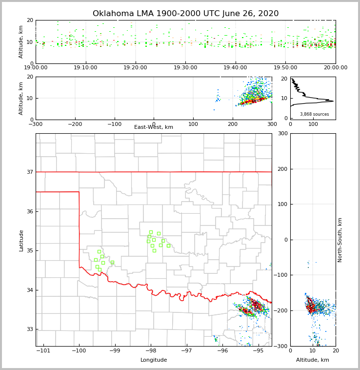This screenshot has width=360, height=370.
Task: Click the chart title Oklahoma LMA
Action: coord(185,14)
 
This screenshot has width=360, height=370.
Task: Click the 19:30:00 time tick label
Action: coord(185,68)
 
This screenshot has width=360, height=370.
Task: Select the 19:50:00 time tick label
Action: coord(285,68)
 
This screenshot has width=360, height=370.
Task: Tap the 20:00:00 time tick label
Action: coord(335,68)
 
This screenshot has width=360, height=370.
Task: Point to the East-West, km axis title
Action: coord(154,127)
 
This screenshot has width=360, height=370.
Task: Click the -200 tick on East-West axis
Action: coord(75,124)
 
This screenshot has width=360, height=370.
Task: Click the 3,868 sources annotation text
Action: coord(314,114)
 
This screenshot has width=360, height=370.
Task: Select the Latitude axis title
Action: coord(21,240)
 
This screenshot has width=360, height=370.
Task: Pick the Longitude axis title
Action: coord(154,360)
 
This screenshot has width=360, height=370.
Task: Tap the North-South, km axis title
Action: coord(340,240)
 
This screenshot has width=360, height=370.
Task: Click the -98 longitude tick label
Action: coord(151,350)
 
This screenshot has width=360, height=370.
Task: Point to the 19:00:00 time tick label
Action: coord(36,68)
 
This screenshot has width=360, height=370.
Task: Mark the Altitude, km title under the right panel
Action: coord(313,360)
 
